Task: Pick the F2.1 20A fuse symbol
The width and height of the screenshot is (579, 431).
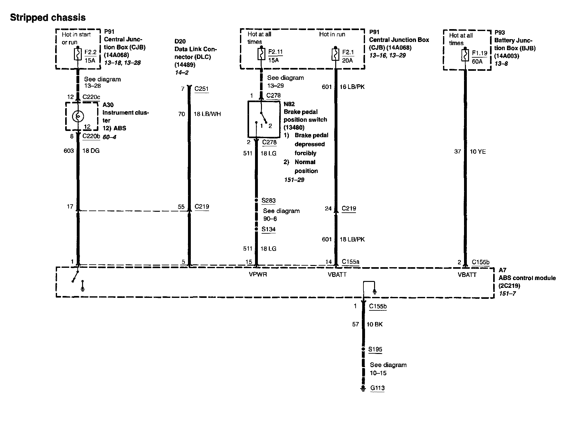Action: point(335,55)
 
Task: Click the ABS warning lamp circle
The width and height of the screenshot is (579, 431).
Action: point(78,117)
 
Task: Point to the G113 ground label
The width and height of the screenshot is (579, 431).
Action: point(377,388)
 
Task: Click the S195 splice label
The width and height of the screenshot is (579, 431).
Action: point(375,350)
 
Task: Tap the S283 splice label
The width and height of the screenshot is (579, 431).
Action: point(269,200)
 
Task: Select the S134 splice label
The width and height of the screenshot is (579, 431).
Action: point(269,229)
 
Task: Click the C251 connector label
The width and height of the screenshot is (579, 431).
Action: point(201,89)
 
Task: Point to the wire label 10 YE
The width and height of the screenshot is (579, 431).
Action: point(478,152)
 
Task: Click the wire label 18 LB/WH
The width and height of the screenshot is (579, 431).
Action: point(207,114)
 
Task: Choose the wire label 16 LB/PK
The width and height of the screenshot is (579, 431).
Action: point(352,87)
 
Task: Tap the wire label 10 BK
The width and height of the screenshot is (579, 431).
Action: point(374,325)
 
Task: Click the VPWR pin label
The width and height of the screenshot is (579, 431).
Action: point(258,275)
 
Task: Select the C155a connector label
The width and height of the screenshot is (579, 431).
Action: point(351,262)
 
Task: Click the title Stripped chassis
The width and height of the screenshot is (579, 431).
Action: point(48,18)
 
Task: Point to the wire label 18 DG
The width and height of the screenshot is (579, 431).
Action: point(91,151)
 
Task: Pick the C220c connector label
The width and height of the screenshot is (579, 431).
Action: point(91,97)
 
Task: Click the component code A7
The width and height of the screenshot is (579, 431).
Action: point(502,270)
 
